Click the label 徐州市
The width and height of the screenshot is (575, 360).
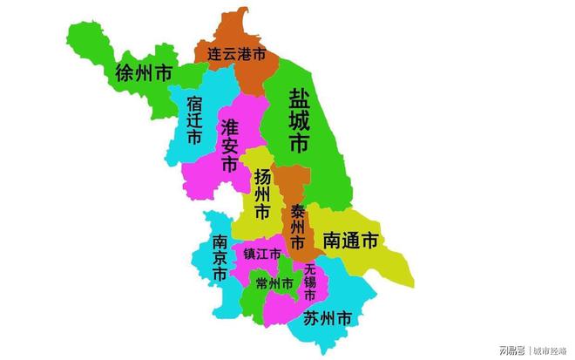click(x=143, y=73)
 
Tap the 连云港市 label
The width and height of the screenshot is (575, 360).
click(x=236, y=54)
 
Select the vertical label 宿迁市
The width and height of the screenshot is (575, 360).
click(x=193, y=120)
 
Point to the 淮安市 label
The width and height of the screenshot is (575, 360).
click(x=229, y=145)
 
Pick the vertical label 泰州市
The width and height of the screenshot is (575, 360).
click(x=298, y=225)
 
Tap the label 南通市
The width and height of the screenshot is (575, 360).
click(x=350, y=241)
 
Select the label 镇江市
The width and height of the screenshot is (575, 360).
click(x=262, y=255)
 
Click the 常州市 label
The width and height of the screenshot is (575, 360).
click(x=274, y=282)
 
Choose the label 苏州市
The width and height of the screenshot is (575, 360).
click(x=328, y=319)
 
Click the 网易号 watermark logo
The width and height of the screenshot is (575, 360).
click(x=513, y=350)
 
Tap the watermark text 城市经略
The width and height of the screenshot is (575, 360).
click(x=550, y=350)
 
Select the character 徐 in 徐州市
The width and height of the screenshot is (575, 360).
click(x=124, y=73)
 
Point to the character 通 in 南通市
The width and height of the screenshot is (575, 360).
click(x=350, y=241)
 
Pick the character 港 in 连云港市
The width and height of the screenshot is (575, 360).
click(x=247, y=54)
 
